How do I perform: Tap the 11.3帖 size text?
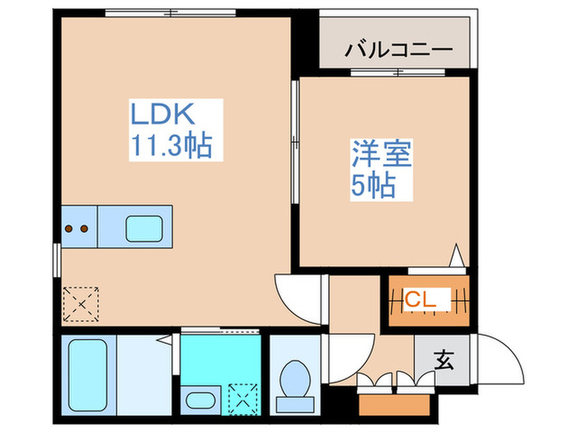tap(170, 146)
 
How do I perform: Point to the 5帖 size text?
tap(373, 186)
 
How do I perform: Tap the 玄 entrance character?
tap(444, 360)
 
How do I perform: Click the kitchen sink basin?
tap(143, 227)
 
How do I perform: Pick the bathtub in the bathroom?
tap(87, 374)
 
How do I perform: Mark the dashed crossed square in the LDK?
tap(81, 303)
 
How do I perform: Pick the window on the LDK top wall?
tap(171, 12)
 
